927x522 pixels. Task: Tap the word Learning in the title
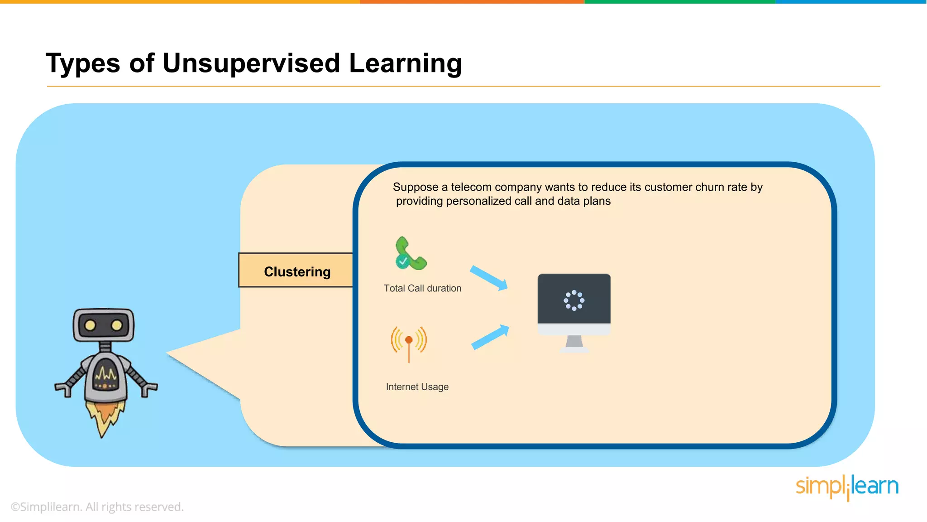pyautogui.click(x=405, y=63)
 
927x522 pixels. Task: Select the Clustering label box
pyautogui.click(x=297, y=271)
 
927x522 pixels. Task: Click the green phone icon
pyautogui.click(x=410, y=254)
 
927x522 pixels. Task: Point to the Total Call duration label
pyautogui.click(x=422, y=288)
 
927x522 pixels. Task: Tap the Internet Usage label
pyautogui.click(x=417, y=387)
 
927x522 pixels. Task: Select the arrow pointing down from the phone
pyautogui.click(x=489, y=278)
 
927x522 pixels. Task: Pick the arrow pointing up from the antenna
pyautogui.click(x=490, y=337)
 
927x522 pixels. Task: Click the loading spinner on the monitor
pyautogui.click(x=574, y=300)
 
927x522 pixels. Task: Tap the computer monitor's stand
pyautogui.click(x=574, y=343)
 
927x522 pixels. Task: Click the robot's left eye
pyautogui.click(x=90, y=325)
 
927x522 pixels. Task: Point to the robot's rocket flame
pyautogui.click(x=105, y=417)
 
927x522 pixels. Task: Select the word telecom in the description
pyautogui.click(x=471, y=187)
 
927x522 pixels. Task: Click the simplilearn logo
pyautogui.click(x=846, y=487)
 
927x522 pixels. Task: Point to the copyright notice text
pyautogui.click(x=97, y=507)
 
